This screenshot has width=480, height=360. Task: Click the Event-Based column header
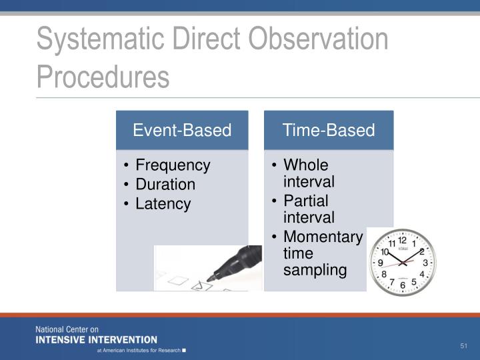coord(182,130)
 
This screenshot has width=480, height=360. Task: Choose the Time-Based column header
coord(329,130)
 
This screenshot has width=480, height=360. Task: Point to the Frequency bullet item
coord(173,165)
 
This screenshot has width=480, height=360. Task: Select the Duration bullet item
coord(165,185)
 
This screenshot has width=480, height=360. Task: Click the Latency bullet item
coord(163,204)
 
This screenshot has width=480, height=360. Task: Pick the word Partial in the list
coord(306,201)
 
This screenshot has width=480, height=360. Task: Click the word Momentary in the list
coord(323,237)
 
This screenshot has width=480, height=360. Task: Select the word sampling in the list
coord(315,270)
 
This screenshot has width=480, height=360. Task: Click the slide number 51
coord(465,346)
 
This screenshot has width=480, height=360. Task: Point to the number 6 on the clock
coord(402,285)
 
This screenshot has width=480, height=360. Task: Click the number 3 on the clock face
coord(425,263)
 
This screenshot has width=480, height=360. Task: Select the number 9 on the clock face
coord(380,263)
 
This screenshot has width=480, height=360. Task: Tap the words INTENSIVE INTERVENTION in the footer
coord(96,339)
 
